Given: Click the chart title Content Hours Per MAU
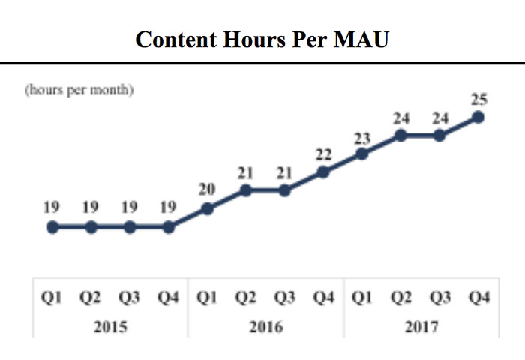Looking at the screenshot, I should [262, 39].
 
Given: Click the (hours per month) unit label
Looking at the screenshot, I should [79, 90].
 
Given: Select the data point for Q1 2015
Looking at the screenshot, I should [52, 227].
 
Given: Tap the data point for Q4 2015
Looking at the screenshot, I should [169, 227].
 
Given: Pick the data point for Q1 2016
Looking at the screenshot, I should [208, 208].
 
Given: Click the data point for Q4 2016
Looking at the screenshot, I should [323, 172].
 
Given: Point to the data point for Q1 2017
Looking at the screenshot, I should [362, 154].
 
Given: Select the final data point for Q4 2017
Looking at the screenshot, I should [478, 117].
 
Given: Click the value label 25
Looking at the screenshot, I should [478, 98].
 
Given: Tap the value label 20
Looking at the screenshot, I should [208, 190].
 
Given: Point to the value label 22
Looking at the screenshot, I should [323, 154].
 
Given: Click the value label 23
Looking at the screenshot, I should [362, 136].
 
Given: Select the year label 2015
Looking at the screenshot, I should [110, 326].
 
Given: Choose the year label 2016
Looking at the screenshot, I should [265, 326].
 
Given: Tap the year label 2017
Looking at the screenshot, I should [421, 326].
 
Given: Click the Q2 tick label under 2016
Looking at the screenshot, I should [246, 298].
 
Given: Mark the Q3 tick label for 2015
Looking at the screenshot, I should [130, 298].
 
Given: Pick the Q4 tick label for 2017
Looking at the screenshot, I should [478, 298].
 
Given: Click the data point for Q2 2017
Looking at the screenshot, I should [401, 136].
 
